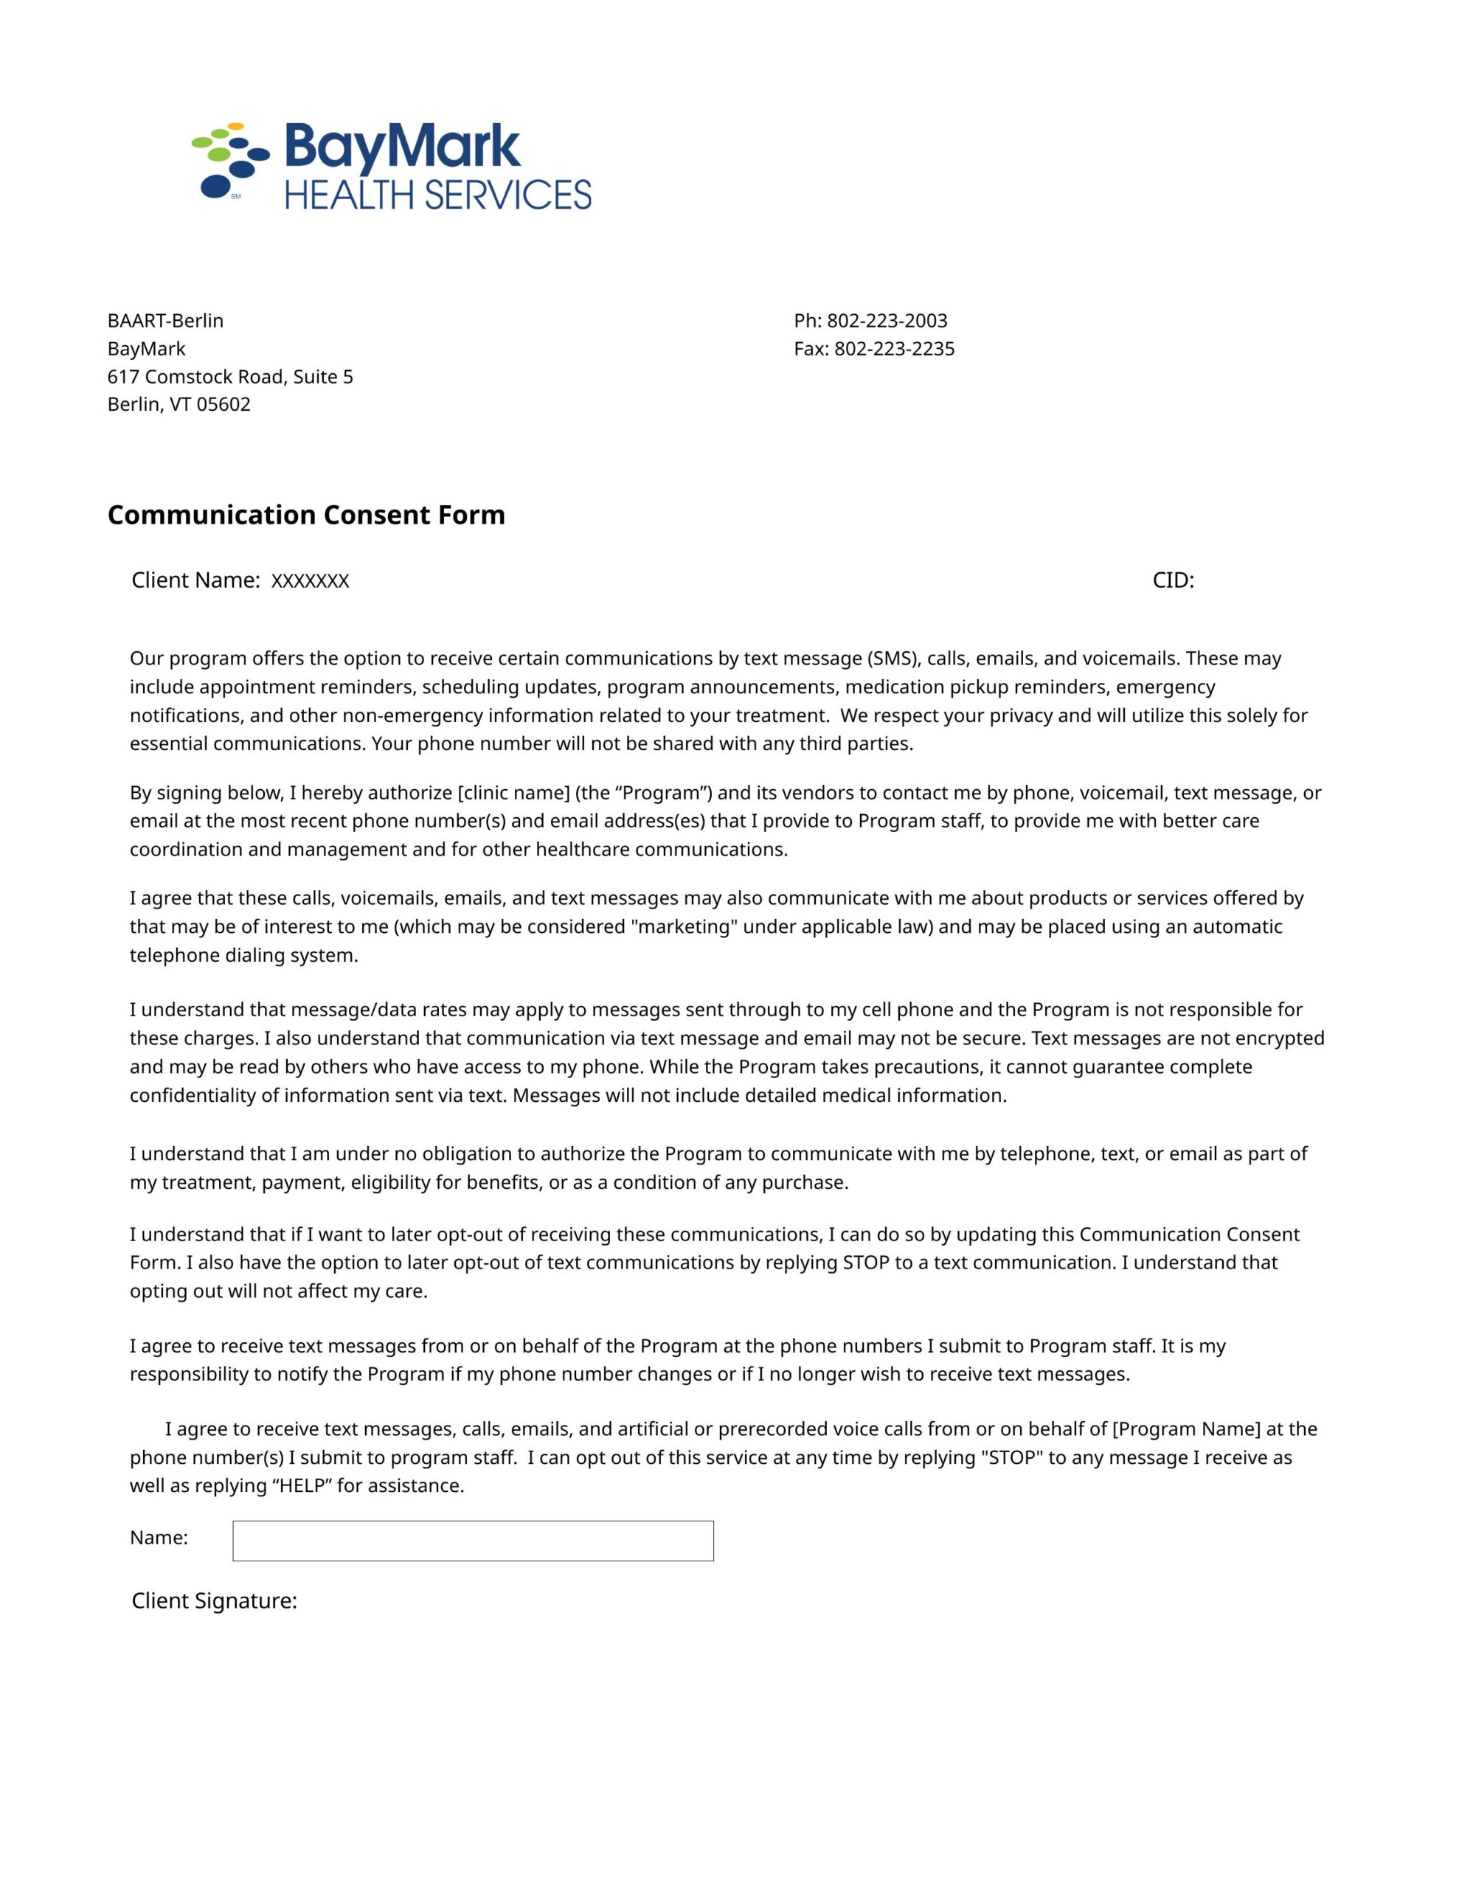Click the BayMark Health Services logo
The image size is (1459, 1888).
(391, 167)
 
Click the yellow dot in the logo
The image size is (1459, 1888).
(235, 127)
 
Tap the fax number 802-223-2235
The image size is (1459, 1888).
(893, 350)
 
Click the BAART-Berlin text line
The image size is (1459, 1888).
(165, 321)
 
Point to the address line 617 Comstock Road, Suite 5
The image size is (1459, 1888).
(230, 377)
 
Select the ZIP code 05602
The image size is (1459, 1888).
(223, 405)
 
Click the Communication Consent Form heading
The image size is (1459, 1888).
(306, 516)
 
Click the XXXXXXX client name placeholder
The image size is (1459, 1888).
(310, 581)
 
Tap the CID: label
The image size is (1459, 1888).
(1173, 581)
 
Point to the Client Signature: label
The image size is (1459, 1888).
(215, 1601)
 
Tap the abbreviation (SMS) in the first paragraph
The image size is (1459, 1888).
(893, 659)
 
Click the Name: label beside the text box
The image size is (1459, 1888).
(159, 1538)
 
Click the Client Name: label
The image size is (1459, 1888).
(196, 581)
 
